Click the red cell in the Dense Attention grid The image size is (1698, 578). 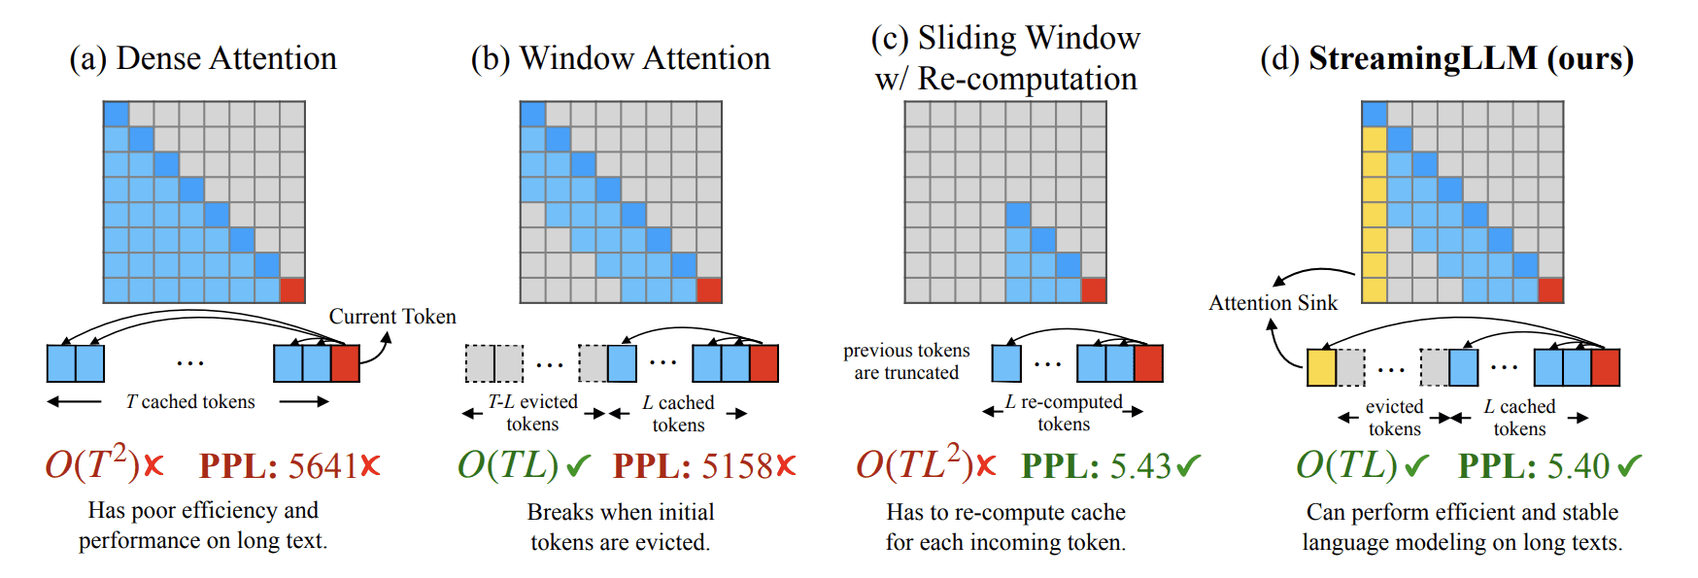[x=292, y=290]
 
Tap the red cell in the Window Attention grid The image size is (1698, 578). [x=709, y=290]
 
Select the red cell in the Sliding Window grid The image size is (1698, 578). [x=1094, y=290]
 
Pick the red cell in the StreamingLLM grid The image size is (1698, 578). [x=1550, y=290]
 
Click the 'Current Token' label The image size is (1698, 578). [x=392, y=317]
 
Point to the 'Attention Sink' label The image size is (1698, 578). [x=1273, y=303]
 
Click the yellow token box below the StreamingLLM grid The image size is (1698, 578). [x=1321, y=368]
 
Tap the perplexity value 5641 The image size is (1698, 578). [x=323, y=466]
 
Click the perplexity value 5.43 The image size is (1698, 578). [x=1141, y=466]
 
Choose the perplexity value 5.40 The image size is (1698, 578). [x=1579, y=466]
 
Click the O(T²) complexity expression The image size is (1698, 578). [x=92, y=464]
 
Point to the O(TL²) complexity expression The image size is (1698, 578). [x=914, y=464]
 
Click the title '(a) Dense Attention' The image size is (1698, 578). [x=203, y=58]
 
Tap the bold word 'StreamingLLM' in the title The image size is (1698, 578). [x=1423, y=58]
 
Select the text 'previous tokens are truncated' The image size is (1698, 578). [x=906, y=361]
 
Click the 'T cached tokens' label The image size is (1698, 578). [x=190, y=402]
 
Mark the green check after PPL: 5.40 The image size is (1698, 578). [x=1629, y=466]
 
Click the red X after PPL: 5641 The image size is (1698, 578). [x=370, y=466]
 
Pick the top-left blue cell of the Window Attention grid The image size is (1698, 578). [x=532, y=114]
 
